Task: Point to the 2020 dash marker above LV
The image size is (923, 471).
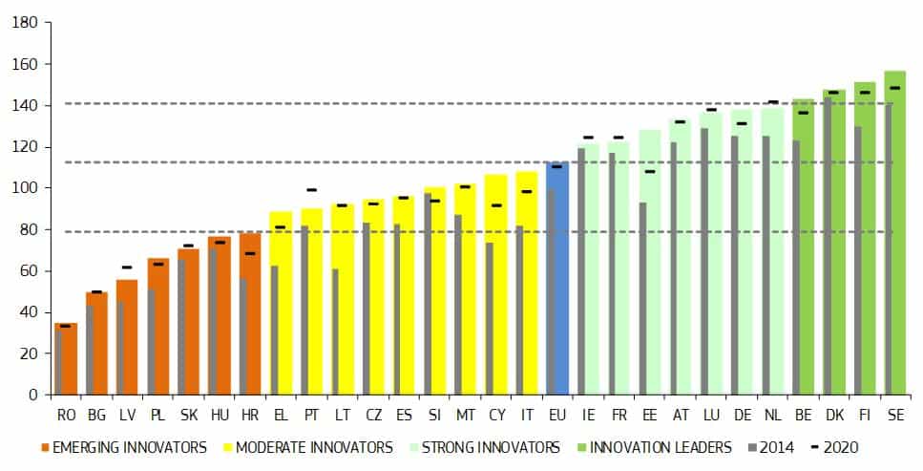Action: click(x=127, y=268)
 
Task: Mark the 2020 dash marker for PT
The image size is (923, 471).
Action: click(x=311, y=190)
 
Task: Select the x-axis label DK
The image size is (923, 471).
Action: click(x=834, y=416)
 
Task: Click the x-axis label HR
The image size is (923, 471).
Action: click(x=250, y=416)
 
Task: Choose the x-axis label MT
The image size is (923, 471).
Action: click(x=465, y=416)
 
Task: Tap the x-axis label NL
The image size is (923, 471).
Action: click(x=772, y=416)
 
